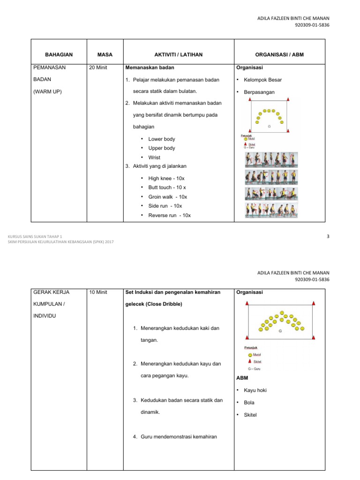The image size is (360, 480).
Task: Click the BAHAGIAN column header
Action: (x=59, y=55)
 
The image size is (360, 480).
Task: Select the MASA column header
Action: (x=103, y=55)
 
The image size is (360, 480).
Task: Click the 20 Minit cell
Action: (x=98, y=67)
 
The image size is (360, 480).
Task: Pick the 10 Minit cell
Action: (x=98, y=292)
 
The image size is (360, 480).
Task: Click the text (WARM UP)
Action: (x=48, y=91)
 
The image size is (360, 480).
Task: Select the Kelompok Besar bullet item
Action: (x=262, y=80)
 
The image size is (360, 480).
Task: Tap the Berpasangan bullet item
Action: (x=259, y=92)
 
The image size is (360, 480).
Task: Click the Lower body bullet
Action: (x=162, y=139)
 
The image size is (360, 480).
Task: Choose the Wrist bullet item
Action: (x=154, y=157)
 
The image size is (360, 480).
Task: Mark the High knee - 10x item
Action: (x=166, y=179)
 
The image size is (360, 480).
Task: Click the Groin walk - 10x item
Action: (x=167, y=197)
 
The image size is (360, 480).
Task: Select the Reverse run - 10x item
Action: (x=169, y=215)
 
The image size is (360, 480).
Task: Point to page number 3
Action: (x=328, y=237)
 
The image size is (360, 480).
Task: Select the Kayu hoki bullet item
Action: (x=255, y=390)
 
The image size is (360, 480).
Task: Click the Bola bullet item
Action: (x=249, y=403)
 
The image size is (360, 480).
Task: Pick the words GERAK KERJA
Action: (x=52, y=292)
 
